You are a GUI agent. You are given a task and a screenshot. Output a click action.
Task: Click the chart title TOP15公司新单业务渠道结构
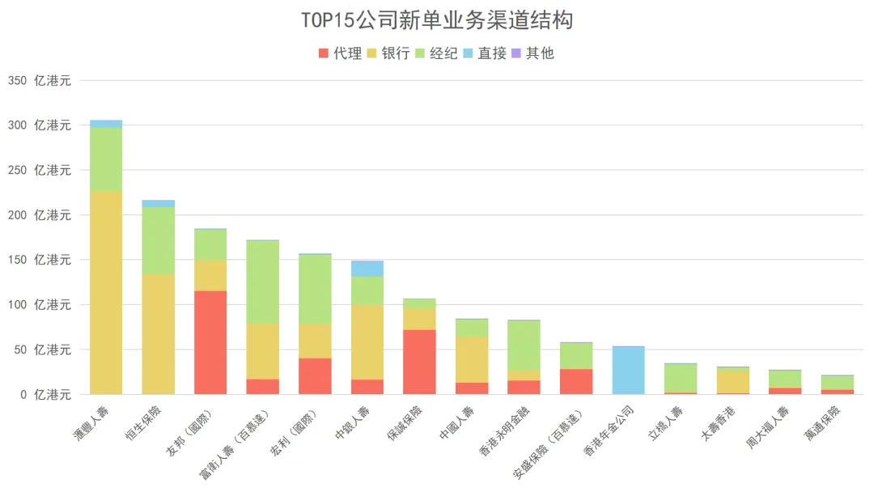tap(437, 20)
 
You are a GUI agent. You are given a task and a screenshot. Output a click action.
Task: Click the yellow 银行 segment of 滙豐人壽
tap(106, 291)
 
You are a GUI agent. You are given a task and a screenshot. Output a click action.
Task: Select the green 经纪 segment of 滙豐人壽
tap(106, 159)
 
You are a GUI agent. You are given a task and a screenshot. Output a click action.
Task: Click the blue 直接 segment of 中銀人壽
tap(367, 269)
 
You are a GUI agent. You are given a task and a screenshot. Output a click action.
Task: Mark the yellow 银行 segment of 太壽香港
tap(732, 380)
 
